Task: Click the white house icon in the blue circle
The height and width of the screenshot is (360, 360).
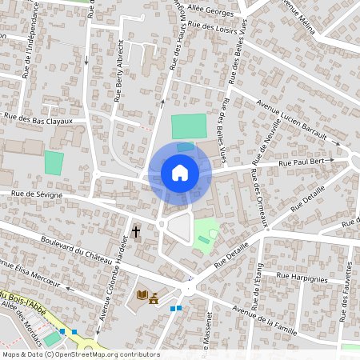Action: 180,172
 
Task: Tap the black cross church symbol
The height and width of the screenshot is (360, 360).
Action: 135,232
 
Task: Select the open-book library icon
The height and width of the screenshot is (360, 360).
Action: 143,295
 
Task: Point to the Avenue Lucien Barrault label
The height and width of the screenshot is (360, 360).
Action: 293,122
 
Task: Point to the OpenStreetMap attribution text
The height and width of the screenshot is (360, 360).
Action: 81,354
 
